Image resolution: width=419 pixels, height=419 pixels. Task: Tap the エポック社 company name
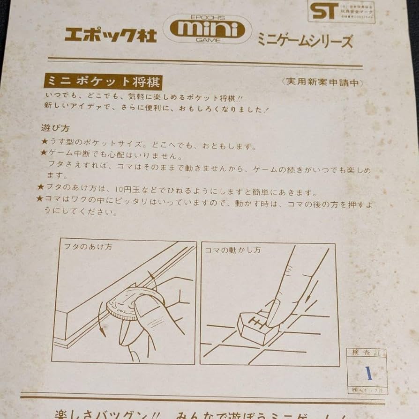tap(111, 35)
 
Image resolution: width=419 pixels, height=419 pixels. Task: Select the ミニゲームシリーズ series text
tap(304, 41)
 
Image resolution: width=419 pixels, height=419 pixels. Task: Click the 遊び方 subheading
tap(55, 128)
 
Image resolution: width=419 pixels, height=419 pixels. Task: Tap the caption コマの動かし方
tap(232, 250)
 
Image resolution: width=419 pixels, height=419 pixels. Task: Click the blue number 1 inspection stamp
tap(368, 373)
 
